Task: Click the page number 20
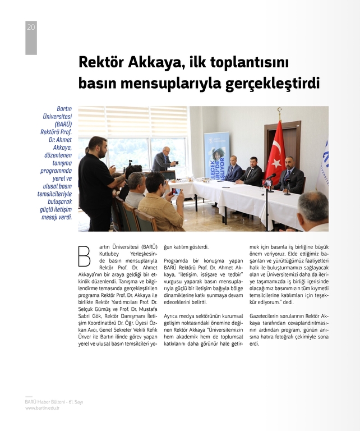pyautogui.click(x=31, y=27)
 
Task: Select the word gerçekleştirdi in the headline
pyautogui.click(x=273, y=84)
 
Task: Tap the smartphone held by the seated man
pyautogui.click(x=174, y=191)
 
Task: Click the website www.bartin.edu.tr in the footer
pyautogui.click(x=42, y=408)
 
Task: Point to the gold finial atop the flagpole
pyautogui.click(x=279, y=109)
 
